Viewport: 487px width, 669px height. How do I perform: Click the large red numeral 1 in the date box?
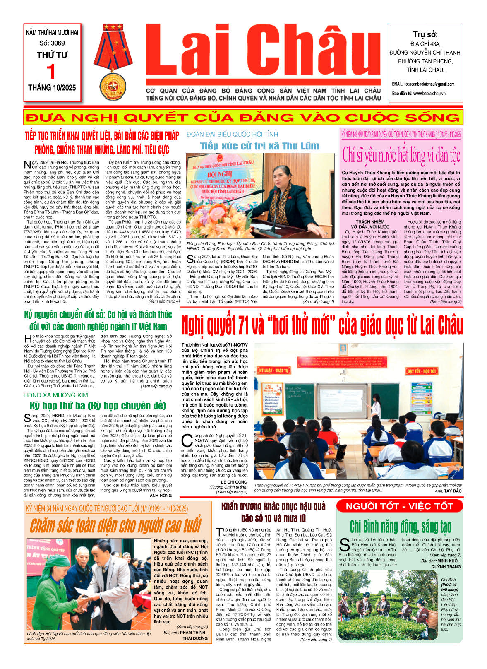(x=51, y=72)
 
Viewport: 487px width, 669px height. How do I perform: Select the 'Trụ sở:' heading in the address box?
(x=425, y=34)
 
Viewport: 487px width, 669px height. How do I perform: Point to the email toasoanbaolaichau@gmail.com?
(x=423, y=84)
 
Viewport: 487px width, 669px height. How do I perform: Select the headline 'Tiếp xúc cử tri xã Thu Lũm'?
(x=259, y=146)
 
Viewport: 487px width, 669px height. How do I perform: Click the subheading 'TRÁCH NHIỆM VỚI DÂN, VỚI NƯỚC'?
(x=369, y=224)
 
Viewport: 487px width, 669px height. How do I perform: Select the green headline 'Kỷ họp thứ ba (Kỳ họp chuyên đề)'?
(x=98, y=405)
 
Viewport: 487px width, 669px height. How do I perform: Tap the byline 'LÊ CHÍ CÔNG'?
(x=234, y=482)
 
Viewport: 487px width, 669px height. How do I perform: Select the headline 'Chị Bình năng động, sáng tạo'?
(x=400, y=527)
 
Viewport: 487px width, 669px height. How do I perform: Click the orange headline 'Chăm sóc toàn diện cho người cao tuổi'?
(x=115, y=525)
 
